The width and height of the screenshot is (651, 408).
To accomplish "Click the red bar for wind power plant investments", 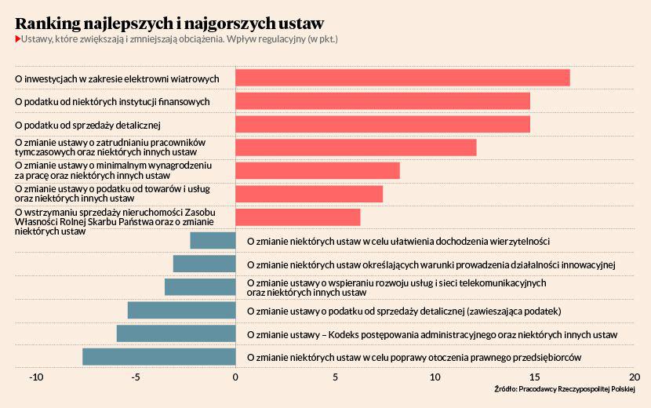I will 402,78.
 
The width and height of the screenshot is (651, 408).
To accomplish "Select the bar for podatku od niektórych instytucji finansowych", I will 383,101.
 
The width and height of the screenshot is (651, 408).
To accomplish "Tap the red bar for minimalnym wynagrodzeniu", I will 318,170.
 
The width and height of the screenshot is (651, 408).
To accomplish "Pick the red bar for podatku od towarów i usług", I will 309,193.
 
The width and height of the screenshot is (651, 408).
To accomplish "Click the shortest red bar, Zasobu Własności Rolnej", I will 298,217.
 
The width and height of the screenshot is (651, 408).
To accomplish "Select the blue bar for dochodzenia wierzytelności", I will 213,240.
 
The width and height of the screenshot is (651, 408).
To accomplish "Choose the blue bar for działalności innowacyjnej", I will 204,264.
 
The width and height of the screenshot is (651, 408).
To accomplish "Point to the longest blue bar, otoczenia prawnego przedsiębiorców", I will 159,356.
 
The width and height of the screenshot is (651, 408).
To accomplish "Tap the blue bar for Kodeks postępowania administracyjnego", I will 176,333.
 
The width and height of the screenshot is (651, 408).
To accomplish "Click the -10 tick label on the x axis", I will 35,377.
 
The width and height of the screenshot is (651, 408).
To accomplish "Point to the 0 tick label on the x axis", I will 235,377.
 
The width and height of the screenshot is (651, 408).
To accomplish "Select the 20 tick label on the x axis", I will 634,377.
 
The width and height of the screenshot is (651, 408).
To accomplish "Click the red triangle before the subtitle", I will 17,39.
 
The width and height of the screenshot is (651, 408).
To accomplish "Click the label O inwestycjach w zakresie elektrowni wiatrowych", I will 118,78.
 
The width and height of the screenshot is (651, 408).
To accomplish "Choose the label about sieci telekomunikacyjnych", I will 396,287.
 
